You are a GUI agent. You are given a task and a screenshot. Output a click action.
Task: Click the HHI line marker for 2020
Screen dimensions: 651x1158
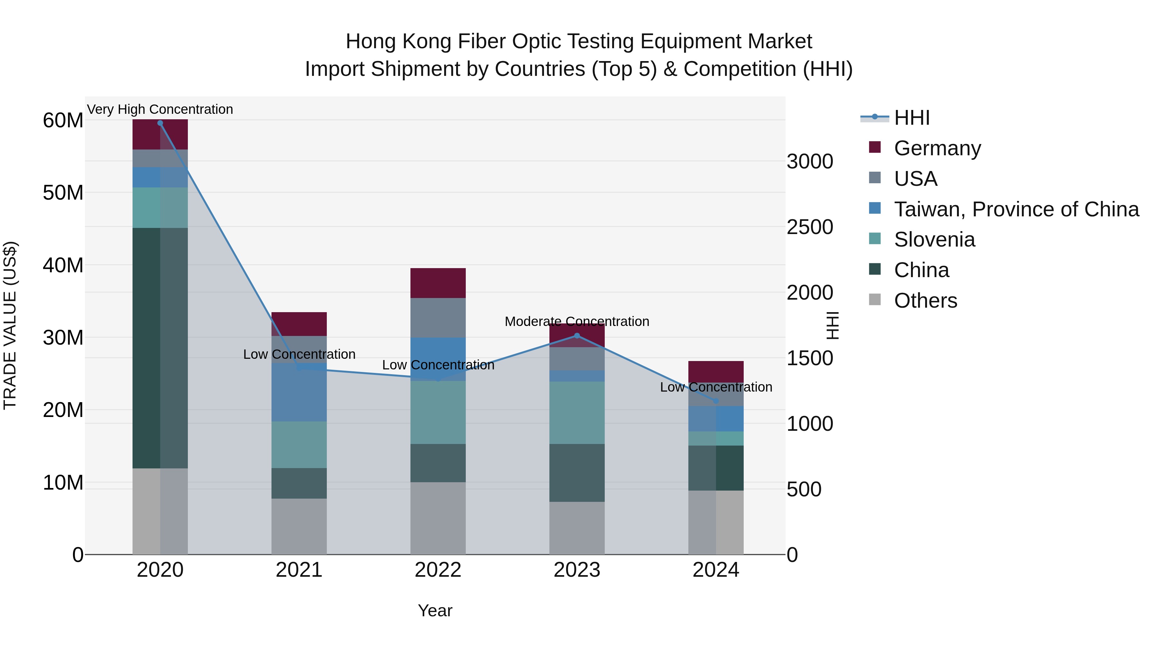click(x=160, y=123)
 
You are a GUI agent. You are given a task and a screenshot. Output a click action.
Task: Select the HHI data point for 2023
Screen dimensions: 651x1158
click(x=577, y=336)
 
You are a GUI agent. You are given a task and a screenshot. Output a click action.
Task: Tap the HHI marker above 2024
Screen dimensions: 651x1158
click(x=716, y=401)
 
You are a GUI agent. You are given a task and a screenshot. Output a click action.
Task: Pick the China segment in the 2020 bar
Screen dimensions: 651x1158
click(x=160, y=348)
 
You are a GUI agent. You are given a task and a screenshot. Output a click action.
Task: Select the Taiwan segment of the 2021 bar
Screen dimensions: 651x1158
click(x=299, y=392)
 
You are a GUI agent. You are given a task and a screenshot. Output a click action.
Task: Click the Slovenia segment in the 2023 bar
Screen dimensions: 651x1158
click(x=577, y=413)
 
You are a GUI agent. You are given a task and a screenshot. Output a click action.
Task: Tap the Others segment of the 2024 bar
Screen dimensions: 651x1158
click(x=716, y=522)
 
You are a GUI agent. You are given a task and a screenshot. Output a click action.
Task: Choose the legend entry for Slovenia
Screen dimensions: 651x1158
click(x=934, y=240)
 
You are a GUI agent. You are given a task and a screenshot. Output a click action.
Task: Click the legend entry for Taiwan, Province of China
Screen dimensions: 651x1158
click(x=1016, y=209)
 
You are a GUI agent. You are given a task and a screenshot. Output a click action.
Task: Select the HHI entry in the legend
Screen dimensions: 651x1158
click(x=911, y=118)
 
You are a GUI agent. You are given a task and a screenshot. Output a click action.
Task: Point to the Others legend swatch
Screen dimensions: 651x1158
click(x=875, y=299)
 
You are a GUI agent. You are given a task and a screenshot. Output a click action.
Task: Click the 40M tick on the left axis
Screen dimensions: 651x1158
click(x=63, y=265)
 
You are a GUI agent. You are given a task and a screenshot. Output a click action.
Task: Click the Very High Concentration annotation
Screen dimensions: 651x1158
click(x=160, y=109)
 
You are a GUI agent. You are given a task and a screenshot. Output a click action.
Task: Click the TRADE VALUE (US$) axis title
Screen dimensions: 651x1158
click(x=10, y=325)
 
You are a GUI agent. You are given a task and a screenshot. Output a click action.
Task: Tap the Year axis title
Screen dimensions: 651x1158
click(x=435, y=610)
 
